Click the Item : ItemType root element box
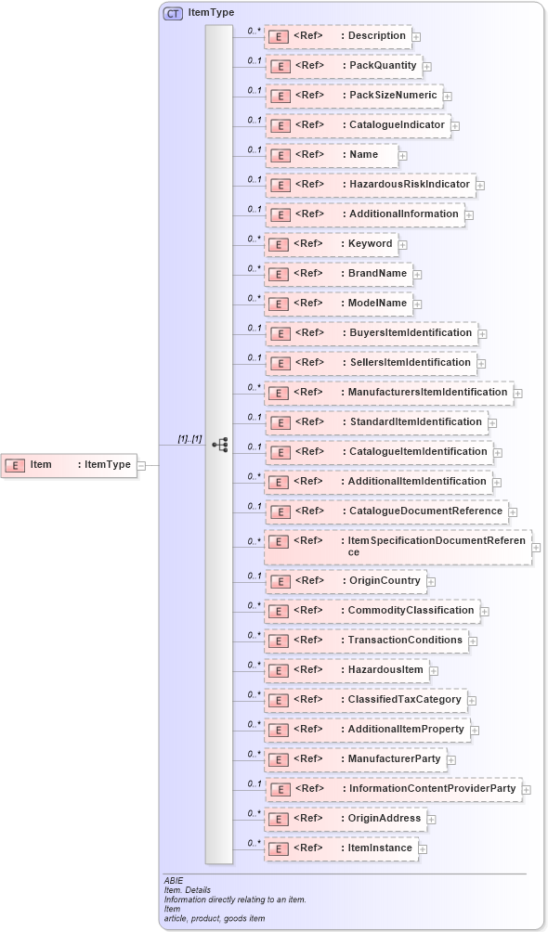[70, 465]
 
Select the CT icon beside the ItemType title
[173, 13]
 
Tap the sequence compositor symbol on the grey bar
[219, 445]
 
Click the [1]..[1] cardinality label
[189, 438]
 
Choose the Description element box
[338, 36]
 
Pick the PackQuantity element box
[344, 66]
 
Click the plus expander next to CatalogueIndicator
[455, 125]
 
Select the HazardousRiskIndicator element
[370, 185]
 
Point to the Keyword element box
[332, 244]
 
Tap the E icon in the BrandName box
[277, 275]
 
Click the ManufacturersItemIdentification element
[388, 393]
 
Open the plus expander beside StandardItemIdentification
[492, 422]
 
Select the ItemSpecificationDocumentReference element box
[397, 547]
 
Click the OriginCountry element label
[385, 581]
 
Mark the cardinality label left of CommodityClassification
[254, 605]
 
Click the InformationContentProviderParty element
[393, 789]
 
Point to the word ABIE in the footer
[174, 879]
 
